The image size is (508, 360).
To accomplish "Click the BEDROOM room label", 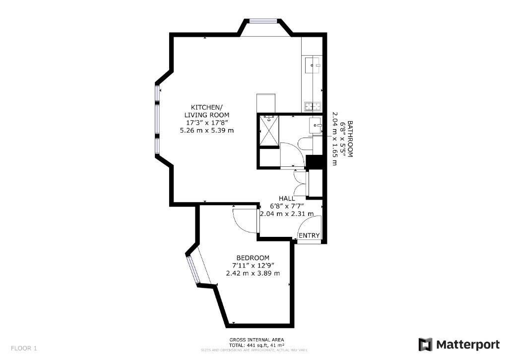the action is (253, 258).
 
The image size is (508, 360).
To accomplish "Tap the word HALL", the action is (287, 199).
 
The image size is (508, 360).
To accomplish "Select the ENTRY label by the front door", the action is (309, 235).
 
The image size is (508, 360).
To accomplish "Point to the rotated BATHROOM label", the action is (350, 139).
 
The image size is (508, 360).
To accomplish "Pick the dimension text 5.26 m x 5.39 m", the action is (207, 131).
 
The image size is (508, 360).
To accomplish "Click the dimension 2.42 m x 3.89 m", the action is (253, 273).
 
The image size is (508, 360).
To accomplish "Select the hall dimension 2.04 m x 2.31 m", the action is (287, 214).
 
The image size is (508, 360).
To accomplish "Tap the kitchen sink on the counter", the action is (313, 65).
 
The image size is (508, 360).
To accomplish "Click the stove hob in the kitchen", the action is (313, 106).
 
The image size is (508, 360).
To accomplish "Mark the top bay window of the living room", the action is (263, 21).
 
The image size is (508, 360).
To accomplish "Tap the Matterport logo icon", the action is (425, 345).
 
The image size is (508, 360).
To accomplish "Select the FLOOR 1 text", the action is (24, 349).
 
